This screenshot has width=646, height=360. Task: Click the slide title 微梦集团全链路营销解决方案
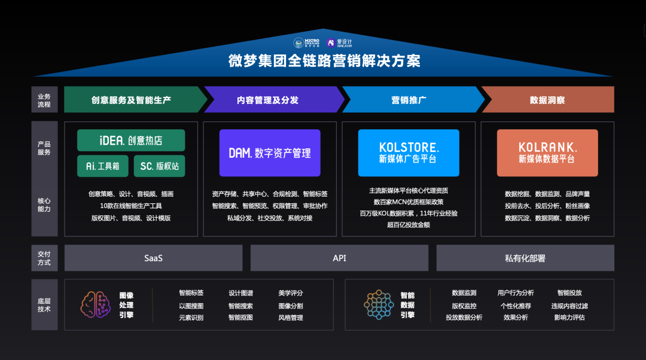pos(323,61)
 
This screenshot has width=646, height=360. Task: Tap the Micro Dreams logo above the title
pos(307,43)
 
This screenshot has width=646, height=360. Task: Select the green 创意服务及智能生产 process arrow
pos(132,100)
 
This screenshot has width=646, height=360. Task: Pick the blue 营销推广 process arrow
pos(409,100)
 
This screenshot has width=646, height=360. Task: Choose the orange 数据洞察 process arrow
pos(548,100)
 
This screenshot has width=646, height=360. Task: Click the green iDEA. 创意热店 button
pos(131,141)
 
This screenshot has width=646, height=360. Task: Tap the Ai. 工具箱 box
pos(102,166)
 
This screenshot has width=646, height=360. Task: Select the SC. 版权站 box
pos(159,166)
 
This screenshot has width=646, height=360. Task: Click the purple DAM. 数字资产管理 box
pos(270,153)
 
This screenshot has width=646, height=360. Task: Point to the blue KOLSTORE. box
pos(409,153)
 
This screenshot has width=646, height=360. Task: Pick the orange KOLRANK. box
pos(547,153)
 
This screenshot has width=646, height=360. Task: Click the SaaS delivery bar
pos(154,258)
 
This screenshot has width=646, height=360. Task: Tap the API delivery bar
pos(339,258)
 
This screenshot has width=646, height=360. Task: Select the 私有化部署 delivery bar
pos(525,258)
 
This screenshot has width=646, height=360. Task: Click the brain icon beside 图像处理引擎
pos(96,304)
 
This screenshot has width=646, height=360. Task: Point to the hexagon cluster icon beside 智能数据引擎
pos(379,304)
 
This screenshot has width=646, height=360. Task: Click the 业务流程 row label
pos(44,100)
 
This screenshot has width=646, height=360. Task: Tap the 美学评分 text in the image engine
pos(291,293)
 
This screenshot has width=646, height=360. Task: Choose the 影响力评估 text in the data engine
pos(569,318)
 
